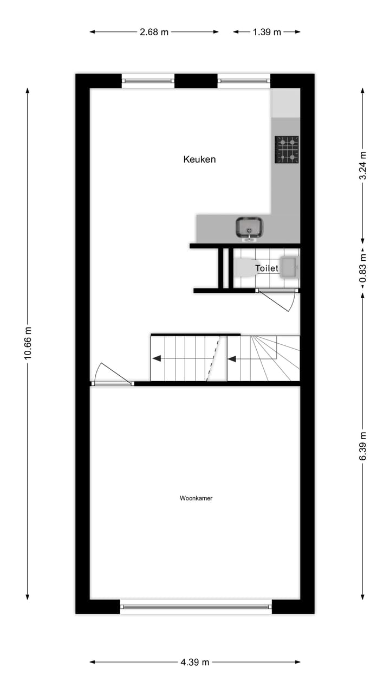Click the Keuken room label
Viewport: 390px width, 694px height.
pyautogui.click(x=199, y=159)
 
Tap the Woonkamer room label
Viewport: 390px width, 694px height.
pyautogui.click(x=196, y=498)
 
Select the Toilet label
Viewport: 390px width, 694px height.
pyautogui.click(x=266, y=268)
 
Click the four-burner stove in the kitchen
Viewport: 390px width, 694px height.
pyautogui.click(x=287, y=150)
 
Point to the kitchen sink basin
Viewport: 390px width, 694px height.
pyautogui.click(x=249, y=227)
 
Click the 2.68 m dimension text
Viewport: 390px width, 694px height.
pyautogui.click(x=154, y=32)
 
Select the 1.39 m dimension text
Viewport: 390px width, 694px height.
pyautogui.click(x=266, y=32)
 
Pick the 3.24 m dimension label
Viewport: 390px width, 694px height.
pyautogui.click(x=363, y=166)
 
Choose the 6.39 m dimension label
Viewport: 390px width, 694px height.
pyautogui.click(x=363, y=446)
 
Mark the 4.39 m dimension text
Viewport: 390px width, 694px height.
pyautogui.click(x=195, y=662)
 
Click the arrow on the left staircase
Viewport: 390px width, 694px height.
pyautogui.click(x=157, y=358)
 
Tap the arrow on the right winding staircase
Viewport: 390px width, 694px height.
pyautogui.click(x=232, y=358)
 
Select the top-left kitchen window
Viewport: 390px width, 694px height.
pyautogui.click(x=148, y=81)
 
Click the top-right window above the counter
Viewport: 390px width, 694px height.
pyautogui.click(x=244, y=81)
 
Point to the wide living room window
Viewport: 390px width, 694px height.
pyautogui.click(x=196, y=607)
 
